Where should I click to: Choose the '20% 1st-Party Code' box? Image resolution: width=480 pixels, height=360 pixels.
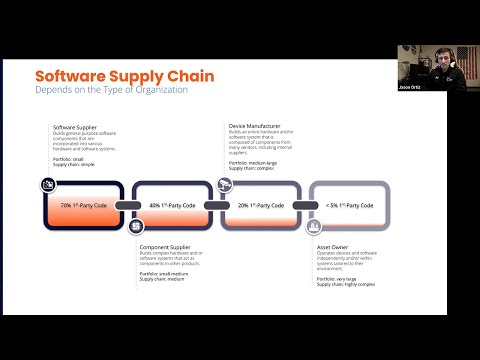(261, 205)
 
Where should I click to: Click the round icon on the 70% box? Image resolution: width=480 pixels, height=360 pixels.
(48, 184)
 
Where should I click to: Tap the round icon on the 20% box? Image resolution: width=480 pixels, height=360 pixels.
(225, 184)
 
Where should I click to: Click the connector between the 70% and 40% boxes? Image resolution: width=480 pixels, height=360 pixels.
(128, 205)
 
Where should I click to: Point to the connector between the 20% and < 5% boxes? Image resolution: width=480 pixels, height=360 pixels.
(305, 205)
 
